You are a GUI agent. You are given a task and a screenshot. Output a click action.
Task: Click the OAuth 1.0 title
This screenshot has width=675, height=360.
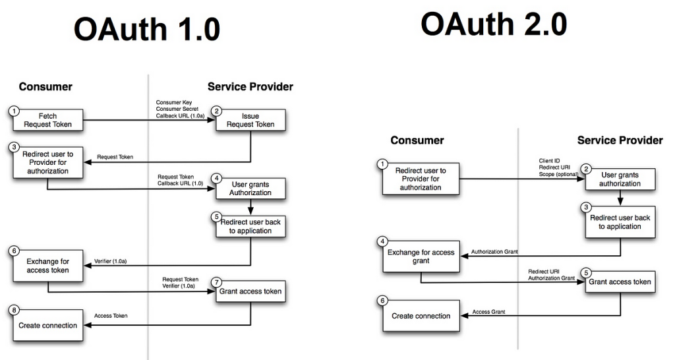pyautogui.click(x=146, y=30)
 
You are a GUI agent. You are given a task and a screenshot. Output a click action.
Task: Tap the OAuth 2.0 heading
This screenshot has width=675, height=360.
pyautogui.click(x=494, y=25)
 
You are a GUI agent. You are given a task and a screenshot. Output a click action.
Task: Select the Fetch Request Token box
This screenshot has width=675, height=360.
pyautogui.click(x=48, y=120)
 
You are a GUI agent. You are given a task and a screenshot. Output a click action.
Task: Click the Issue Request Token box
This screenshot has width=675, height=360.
pyautogui.click(x=251, y=120)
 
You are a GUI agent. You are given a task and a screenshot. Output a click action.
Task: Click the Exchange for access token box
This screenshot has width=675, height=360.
pyautogui.click(x=48, y=266)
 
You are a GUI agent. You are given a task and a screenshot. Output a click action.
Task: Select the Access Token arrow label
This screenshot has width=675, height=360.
pyautogui.click(x=111, y=316)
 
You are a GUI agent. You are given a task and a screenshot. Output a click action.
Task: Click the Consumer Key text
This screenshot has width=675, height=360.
pyautogui.click(x=173, y=102)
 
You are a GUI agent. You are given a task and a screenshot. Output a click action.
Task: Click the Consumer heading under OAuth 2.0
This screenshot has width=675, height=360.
pyautogui.click(x=417, y=140)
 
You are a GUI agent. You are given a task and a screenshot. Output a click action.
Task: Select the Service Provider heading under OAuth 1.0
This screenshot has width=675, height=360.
pyautogui.click(x=250, y=86)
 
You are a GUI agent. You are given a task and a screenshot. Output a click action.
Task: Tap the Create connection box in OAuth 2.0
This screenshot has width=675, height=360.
pyautogui.click(x=421, y=316)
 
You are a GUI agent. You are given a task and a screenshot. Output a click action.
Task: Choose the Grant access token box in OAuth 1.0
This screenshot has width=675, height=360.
pyautogui.click(x=250, y=291)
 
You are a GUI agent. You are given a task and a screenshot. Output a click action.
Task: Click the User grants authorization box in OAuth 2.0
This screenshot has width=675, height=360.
pyautogui.click(x=620, y=179)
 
